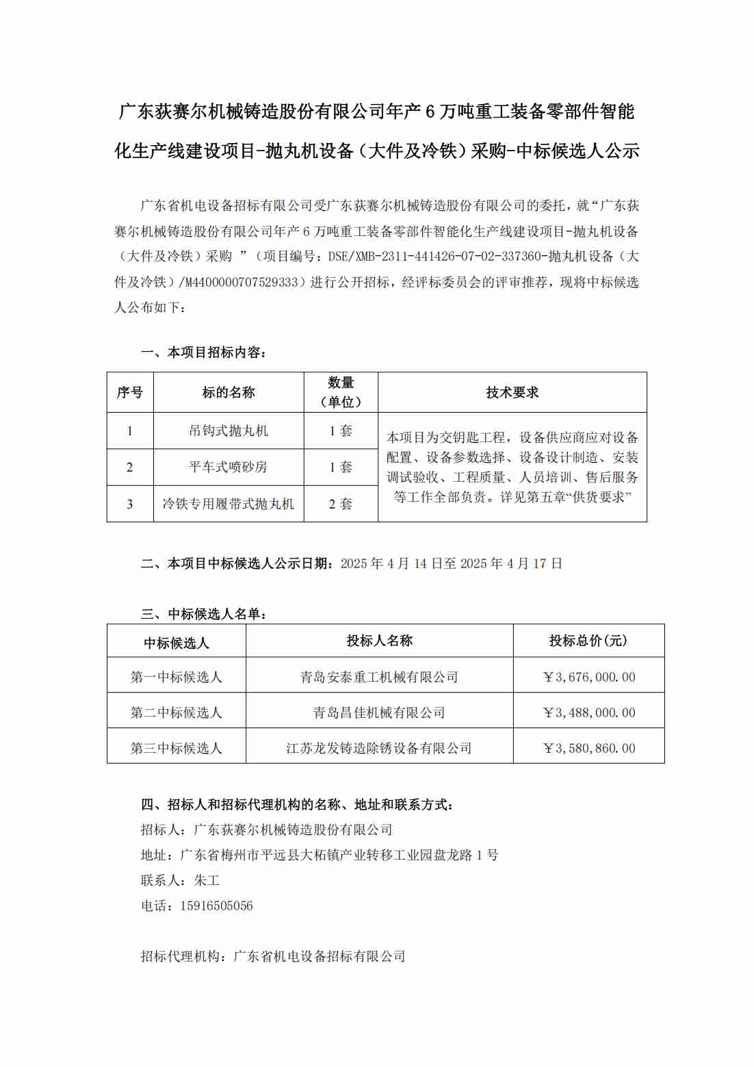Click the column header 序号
130,392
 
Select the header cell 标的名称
229,392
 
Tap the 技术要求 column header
512,392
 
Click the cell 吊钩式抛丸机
229,430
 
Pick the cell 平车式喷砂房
229,467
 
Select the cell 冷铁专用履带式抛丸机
229,504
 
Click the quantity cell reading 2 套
341,504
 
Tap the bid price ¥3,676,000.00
588,677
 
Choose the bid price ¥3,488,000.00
588,712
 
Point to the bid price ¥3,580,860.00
588,748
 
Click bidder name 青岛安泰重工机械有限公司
379,677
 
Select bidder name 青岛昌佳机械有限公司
379,712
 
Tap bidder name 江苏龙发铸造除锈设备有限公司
379,748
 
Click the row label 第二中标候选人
177,712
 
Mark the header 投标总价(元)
588,641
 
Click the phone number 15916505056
216,905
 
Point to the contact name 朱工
207,880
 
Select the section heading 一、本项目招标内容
203,352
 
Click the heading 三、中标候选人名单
203,614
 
